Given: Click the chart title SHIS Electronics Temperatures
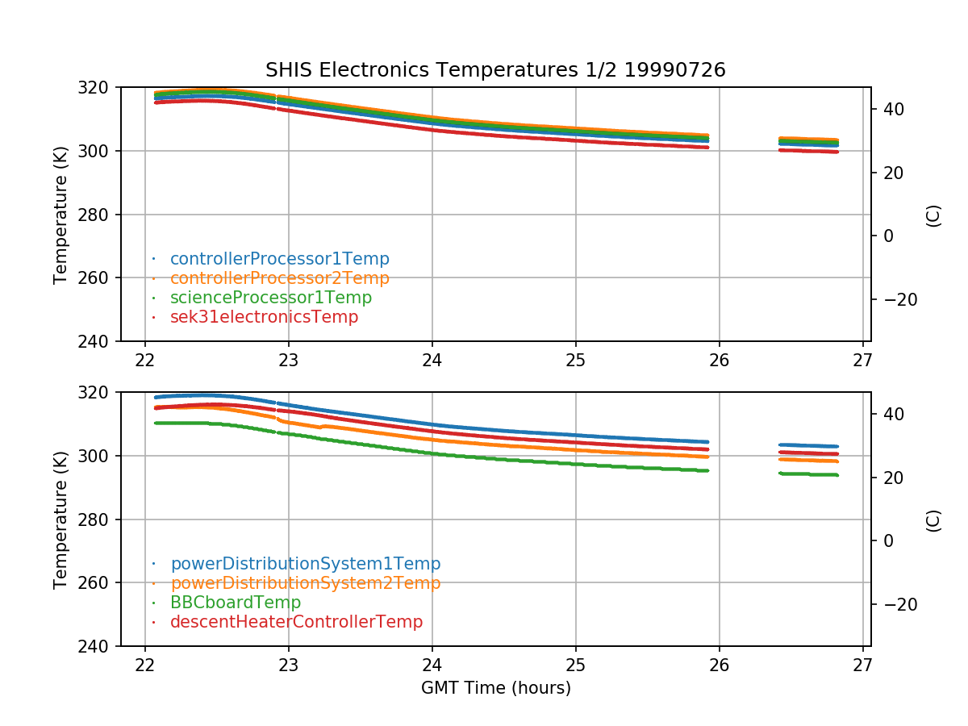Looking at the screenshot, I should click(495, 70).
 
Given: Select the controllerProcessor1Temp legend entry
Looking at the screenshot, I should click(279, 259).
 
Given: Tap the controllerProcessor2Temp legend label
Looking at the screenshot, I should click(279, 278).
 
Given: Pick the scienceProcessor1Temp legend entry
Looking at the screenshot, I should click(271, 298).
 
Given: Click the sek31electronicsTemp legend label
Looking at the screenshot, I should click(264, 317).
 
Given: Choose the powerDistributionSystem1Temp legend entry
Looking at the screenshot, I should click(305, 564).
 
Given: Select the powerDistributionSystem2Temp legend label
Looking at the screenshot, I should click(305, 583).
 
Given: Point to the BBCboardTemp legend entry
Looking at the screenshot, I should click(236, 603).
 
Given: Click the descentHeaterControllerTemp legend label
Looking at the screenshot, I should click(296, 622).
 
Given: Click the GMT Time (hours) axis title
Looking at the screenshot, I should click(495, 688).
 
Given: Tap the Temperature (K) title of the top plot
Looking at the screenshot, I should click(60, 214).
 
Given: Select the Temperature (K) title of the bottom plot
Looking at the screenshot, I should click(60, 519).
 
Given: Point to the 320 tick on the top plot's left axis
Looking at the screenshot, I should click(99, 87).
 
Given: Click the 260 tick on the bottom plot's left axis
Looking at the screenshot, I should click(99, 583).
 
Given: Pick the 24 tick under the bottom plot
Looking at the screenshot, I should click(432, 665).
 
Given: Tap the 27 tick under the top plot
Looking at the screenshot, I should click(862, 361).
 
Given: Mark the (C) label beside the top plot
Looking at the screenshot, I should click(933, 215).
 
